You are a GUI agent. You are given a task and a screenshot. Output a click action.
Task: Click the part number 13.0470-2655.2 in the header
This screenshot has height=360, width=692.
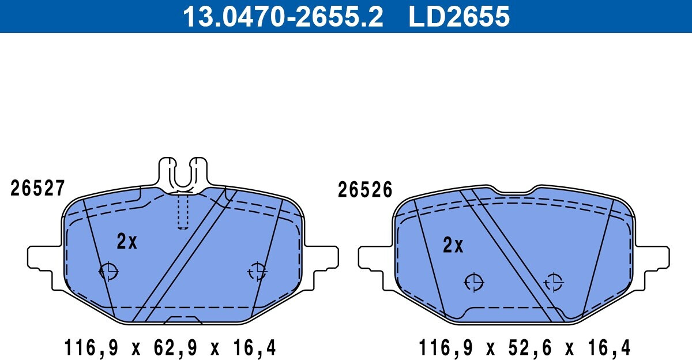pyautogui.click(x=283, y=16)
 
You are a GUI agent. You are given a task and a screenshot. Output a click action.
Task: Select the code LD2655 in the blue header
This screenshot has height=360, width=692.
pyautogui.click(x=459, y=16)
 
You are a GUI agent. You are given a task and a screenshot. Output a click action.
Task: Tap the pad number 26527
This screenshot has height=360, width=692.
pyautogui.click(x=37, y=188)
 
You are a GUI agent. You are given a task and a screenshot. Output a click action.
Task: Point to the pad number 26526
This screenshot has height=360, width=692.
pyautogui.click(x=365, y=189)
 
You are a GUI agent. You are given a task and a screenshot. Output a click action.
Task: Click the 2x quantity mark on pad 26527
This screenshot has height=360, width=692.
pyautogui.click(x=127, y=241)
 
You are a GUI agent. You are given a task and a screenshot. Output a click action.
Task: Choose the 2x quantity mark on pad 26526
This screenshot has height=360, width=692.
pyautogui.click(x=453, y=245)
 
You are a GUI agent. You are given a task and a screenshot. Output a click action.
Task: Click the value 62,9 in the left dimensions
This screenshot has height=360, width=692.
pyautogui.click(x=175, y=347)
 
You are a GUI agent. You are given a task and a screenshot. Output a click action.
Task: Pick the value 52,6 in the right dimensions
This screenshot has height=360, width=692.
pyautogui.click(x=530, y=347)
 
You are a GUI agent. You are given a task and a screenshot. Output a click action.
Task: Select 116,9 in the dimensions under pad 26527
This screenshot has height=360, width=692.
pyautogui.click(x=91, y=347)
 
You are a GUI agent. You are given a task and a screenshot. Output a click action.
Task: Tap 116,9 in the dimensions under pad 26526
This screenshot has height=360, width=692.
pyautogui.click(x=445, y=347)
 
